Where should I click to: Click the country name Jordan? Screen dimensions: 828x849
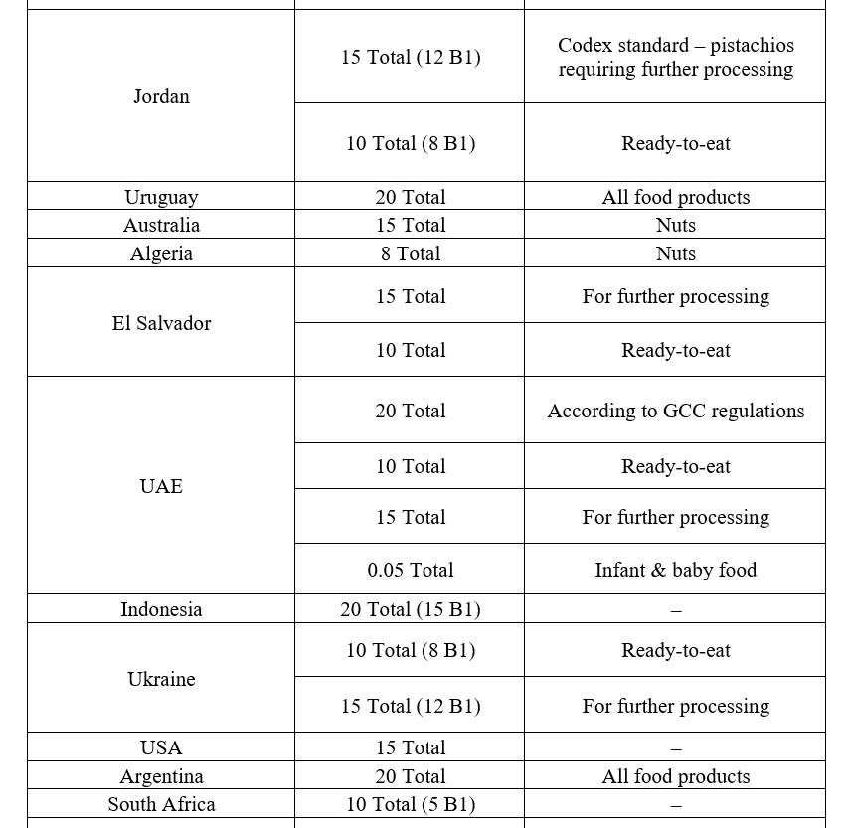pos(161,96)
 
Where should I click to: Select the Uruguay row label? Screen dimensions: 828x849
pos(161,197)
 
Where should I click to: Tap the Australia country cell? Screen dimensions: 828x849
pos(161,225)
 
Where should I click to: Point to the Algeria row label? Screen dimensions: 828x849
pos(161,253)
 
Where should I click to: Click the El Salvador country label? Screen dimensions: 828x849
pos(161,323)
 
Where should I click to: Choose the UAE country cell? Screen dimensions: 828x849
pos(161,486)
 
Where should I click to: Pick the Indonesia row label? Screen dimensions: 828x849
pos(161,609)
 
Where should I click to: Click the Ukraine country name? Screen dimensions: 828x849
pos(161,679)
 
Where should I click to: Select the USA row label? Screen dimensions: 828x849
pos(161,747)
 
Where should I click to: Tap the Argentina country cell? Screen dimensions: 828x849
pos(161,776)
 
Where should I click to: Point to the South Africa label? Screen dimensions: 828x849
pos(161,804)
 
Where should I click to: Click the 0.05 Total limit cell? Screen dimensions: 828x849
pos(410,570)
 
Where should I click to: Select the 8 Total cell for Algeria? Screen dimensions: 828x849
pos(410,253)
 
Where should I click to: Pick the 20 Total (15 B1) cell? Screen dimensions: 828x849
pos(410,609)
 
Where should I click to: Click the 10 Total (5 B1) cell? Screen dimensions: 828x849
pos(410,804)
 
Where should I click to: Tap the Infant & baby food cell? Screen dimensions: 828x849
pos(675,570)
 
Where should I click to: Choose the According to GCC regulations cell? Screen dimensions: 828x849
pos(675,411)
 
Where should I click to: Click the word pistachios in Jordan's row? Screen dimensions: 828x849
pos(752,45)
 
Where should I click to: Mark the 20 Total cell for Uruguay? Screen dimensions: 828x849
pos(410,197)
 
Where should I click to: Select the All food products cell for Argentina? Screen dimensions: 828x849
pos(675,776)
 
